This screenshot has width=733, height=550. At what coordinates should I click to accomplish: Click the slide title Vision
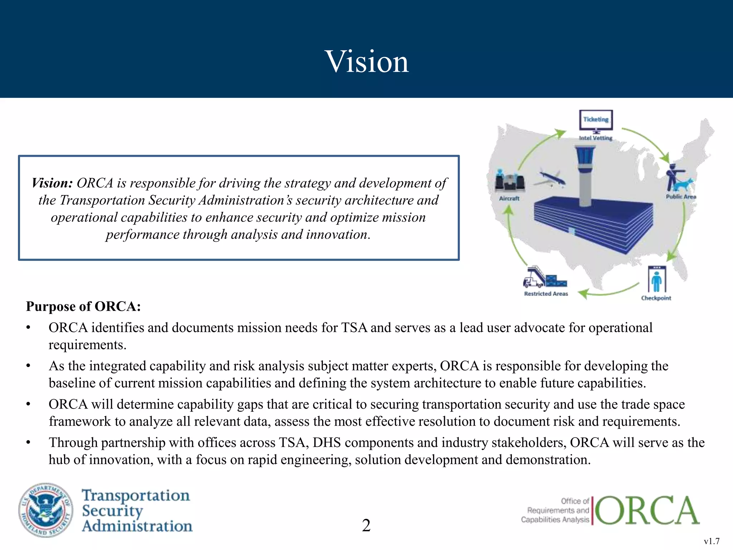[366, 62]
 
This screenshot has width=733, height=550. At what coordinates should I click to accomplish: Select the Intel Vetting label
[596, 138]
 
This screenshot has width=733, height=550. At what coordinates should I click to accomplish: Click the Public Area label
[681, 197]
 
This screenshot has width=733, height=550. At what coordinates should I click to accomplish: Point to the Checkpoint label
[656, 298]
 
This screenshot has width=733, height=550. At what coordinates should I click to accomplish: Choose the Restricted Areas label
[546, 294]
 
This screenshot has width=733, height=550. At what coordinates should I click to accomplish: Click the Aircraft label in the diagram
[509, 198]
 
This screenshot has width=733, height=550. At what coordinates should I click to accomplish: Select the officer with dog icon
[678, 178]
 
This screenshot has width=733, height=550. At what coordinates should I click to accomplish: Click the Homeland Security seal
[45, 510]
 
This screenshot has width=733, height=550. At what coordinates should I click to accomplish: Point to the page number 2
[366, 525]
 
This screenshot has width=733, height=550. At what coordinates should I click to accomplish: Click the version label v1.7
[712, 541]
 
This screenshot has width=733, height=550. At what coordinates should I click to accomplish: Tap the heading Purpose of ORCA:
[83, 307]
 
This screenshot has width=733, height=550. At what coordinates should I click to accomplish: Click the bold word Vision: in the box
[52, 183]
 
